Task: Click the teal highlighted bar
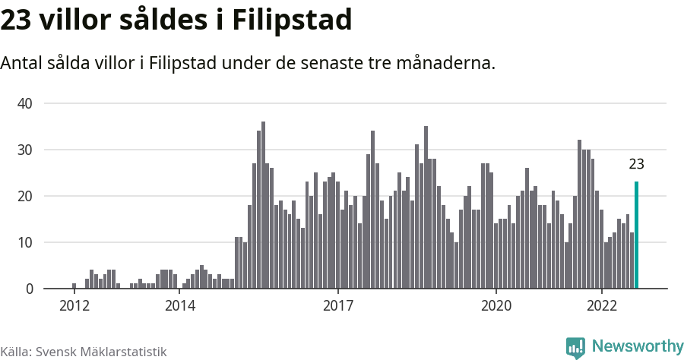(637, 235)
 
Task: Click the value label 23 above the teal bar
(637, 164)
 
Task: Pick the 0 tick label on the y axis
(30, 289)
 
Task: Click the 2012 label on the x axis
(74, 306)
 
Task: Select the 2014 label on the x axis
(179, 306)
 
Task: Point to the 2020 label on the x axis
(496, 306)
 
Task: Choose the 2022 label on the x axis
(602, 306)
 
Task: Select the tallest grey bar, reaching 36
(263, 205)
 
